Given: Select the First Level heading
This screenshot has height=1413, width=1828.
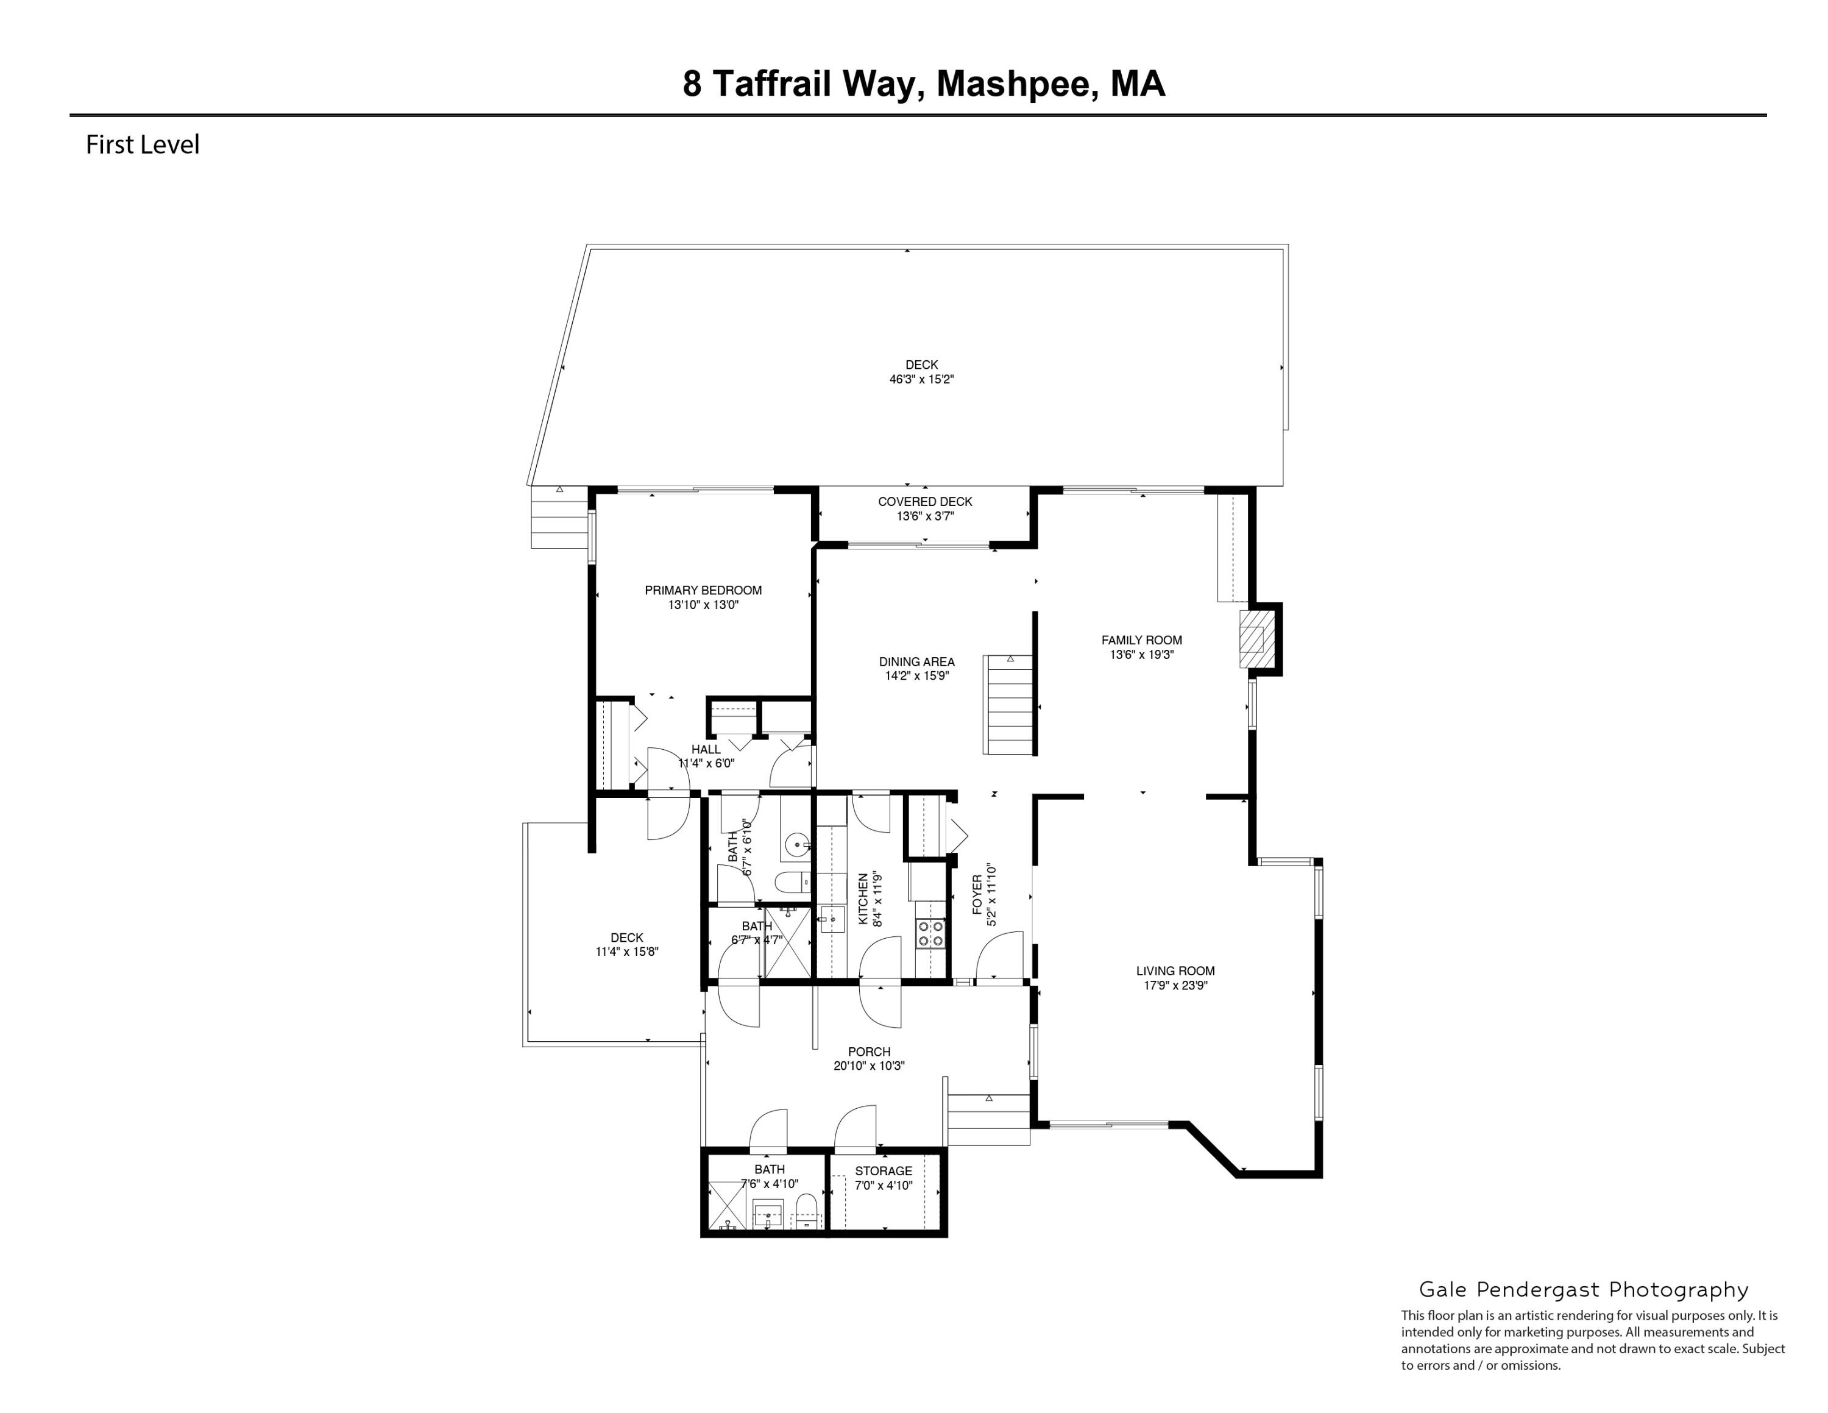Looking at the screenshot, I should tap(143, 145).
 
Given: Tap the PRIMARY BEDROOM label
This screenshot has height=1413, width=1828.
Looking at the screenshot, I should tap(703, 590).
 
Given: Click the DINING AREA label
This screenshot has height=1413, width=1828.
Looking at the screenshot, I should tap(916, 662).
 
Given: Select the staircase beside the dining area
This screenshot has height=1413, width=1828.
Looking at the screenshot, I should tap(1010, 705).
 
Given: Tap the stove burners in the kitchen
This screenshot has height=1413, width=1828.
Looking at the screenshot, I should tap(930, 933).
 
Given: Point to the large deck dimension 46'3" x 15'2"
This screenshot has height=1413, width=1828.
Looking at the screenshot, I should tap(921, 379).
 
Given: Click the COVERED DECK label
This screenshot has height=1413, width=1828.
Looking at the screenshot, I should tap(925, 502).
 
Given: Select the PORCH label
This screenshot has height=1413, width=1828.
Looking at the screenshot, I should tap(869, 1052).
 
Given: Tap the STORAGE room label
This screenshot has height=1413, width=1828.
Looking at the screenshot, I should tap(883, 1171).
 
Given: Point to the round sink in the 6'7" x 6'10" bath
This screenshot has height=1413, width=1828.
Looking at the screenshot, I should tap(797, 845).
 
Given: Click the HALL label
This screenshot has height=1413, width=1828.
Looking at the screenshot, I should tap(706, 749).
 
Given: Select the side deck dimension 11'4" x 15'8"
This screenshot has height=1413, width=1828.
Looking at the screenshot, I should tap(627, 952).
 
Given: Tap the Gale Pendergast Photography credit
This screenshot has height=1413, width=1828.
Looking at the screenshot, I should tap(1584, 1290).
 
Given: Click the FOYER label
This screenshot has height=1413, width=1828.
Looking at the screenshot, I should tap(977, 895).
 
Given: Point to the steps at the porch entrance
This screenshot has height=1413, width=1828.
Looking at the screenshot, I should tap(988, 1119).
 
